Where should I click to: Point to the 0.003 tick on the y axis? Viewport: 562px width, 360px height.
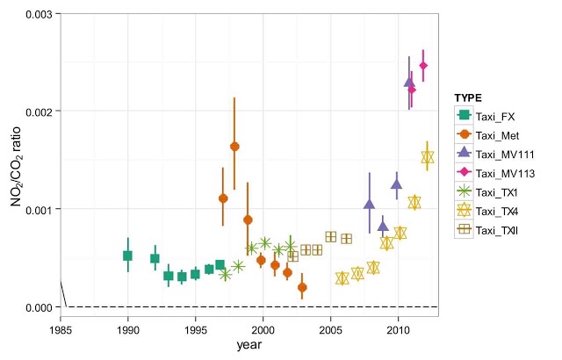pyautogui.click(x=36, y=14)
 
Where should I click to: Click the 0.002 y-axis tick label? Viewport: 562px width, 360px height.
pyautogui.click(x=36, y=112)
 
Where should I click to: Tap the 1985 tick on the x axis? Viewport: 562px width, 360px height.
pyautogui.click(x=61, y=329)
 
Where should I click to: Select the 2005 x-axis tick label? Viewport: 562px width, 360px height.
pyautogui.click(x=331, y=329)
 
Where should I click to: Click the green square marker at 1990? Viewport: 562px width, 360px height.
pyautogui.click(x=127, y=256)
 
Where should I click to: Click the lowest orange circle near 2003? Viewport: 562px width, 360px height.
pyautogui.click(x=302, y=287)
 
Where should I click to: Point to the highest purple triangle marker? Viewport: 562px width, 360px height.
pyautogui.click(x=408, y=82)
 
